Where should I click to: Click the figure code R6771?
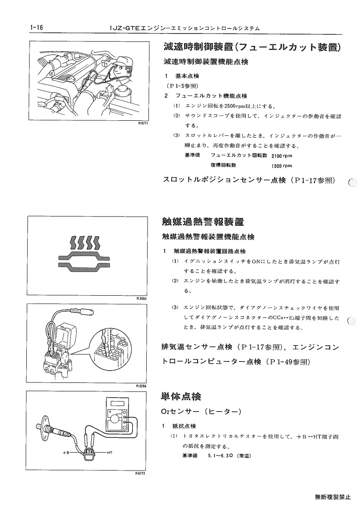[143, 123]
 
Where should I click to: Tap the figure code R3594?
[142, 297]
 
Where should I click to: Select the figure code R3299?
[142, 386]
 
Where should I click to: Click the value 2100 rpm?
[281, 156]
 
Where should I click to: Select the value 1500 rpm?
[281, 166]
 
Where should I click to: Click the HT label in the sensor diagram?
[109, 452]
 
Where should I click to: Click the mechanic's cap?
[122, 61]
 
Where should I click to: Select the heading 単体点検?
[181, 396]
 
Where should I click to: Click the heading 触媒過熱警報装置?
[203, 222]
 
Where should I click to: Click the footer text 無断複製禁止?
[333, 497]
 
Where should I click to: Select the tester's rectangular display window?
[116, 403]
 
